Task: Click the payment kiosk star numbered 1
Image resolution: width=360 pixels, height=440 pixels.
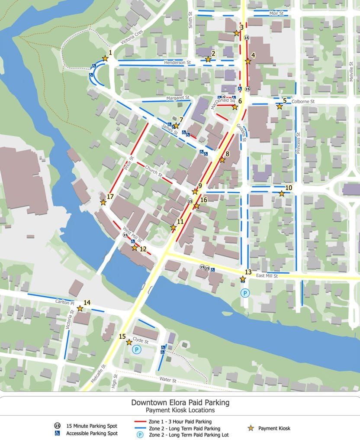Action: pyautogui.click(x=105, y=58)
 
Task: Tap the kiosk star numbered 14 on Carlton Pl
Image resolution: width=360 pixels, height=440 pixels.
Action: pyautogui.click(x=80, y=308)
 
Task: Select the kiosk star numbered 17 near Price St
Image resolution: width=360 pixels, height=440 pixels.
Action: pyautogui.click(x=103, y=202)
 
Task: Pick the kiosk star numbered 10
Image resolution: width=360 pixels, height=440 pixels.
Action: pyautogui.click(x=282, y=194)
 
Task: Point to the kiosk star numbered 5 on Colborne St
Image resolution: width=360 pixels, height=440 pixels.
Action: pyautogui.click(x=280, y=106)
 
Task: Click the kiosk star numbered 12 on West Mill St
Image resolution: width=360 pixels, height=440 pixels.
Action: pyautogui.click(x=135, y=248)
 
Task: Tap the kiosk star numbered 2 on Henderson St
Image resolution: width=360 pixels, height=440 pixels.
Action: pyautogui.click(x=208, y=59)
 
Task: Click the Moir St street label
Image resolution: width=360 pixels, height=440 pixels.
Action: pyautogui.click(x=276, y=13)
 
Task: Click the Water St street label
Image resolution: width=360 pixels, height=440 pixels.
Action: pyautogui.click(x=167, y=380)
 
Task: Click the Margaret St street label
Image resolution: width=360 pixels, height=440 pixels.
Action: pyautogui.click(x=178, y=98)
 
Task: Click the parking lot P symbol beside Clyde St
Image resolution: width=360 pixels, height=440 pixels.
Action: pyautogui.click(x=137, y=349)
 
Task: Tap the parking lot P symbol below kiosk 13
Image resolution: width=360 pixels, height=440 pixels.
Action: pyautogui.click(x=245, y=293)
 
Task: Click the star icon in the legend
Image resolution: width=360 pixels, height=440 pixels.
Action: pyautogui.click(x=251, y=428)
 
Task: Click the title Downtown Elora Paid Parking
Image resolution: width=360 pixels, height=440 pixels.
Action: pyautogui.click(x=180, y=402)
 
